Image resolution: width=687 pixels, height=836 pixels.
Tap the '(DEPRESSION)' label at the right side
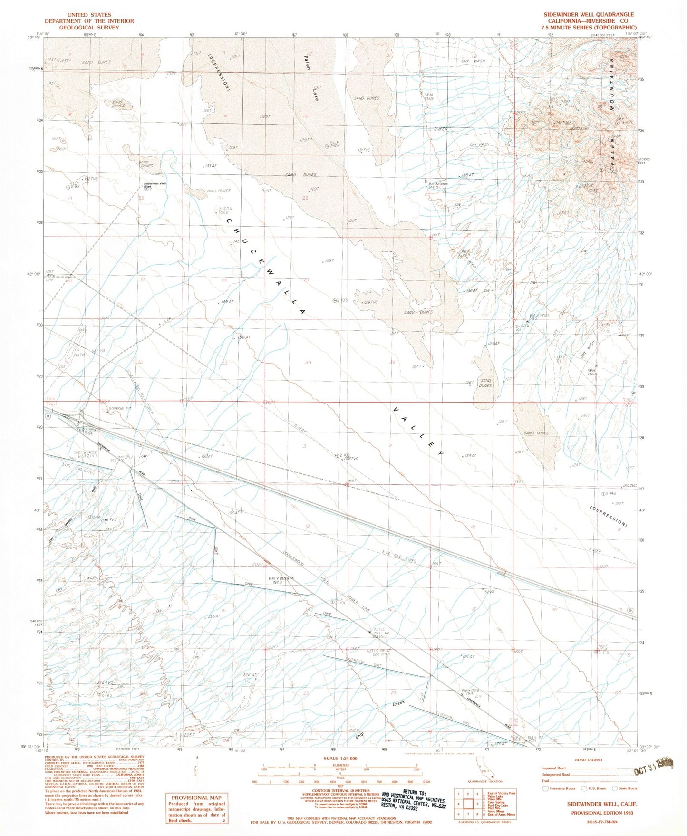click(x=608, y=516)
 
